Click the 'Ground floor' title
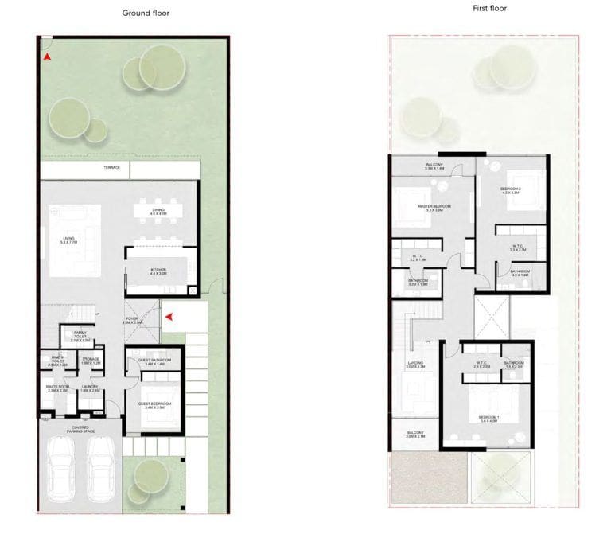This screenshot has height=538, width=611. pyautogui.click(x=145, y=13)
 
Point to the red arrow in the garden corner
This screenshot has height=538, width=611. pyautogui.click(x=48, y=57)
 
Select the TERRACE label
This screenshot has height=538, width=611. pyautogui.click(x=111, y=168)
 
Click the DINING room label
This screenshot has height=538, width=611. pyautogui.click(x=158, y=212)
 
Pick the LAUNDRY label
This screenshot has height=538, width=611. pyautogui.click(x=89, y=388)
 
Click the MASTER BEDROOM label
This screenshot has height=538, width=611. pyautogui.click(x=434, y=207)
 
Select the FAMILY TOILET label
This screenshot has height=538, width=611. pyautogui.click(x=80, y=335)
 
